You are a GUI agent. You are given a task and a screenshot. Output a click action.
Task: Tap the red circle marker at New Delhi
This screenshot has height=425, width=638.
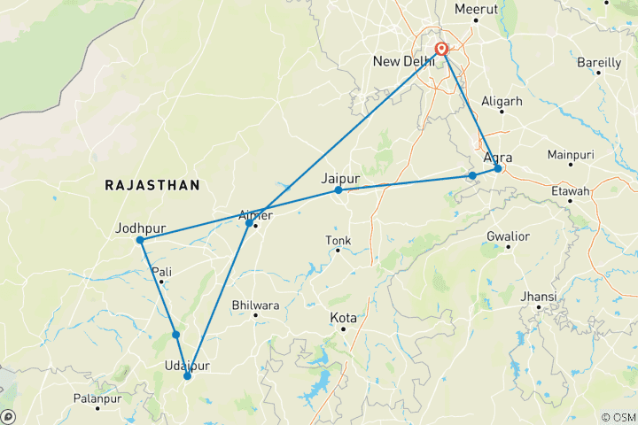pos(441,50)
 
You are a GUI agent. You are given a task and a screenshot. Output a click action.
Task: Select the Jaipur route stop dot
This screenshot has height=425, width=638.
pos(338,190)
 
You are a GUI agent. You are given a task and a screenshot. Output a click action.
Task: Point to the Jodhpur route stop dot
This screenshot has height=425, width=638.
pos(140,240)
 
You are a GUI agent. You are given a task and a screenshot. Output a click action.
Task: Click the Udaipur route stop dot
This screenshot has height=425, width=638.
pos(187,376)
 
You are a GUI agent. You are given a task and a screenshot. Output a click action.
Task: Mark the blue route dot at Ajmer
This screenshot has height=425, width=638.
pos(249,222)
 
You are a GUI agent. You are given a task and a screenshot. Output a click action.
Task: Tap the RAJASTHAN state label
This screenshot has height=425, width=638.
pos(152,185)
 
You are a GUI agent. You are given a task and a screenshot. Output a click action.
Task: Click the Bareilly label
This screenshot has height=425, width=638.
pos(599,63)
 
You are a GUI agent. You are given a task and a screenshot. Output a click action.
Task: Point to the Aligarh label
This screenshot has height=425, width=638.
pos(502,102)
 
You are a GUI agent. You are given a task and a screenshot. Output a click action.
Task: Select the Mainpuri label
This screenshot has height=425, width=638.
pos(570,155)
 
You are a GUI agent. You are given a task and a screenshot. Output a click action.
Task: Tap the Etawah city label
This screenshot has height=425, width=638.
pos(570,190)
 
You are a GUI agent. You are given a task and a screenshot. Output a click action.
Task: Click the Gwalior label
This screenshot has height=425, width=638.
pos(508,236)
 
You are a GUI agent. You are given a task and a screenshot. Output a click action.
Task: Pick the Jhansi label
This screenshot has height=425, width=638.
pos(540,296)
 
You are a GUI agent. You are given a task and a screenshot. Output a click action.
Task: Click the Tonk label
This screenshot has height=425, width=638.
pos(338,240)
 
